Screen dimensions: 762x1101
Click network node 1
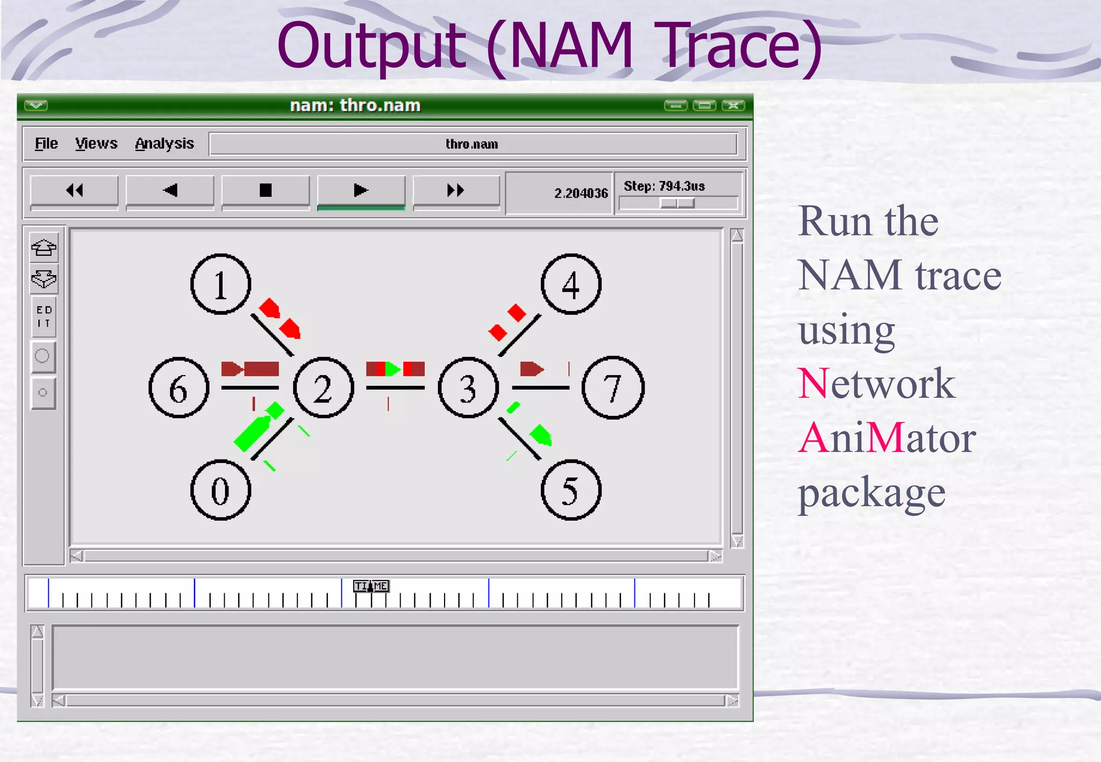click(x=220, y=284)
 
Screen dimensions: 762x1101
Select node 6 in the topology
click(x=178, y=388)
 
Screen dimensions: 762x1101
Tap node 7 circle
click(x=613, y=388)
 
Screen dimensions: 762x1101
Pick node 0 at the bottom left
click(x=220, y=490)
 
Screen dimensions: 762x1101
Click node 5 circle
click(x=570, y=490)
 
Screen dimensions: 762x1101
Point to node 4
click(x=570, y=284)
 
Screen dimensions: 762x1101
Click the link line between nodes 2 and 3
click(x=395, y=387)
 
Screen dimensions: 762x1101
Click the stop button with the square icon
click(x=266, y=190)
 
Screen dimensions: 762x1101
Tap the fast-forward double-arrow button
click(x=456, y=190)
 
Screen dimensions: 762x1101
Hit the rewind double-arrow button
click(x=74, y=190)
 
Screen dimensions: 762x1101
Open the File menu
click(x=46, y=143)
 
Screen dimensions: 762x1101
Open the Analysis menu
click(x=164, y=143)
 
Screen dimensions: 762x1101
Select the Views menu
click(x=96, y=143)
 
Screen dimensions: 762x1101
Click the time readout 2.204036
click(x=581, y=193)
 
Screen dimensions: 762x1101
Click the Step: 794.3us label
click(x=664, y=186)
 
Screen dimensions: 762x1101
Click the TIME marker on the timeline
click(x=370, y=586)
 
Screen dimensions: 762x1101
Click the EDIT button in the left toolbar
click(x=44, y=317)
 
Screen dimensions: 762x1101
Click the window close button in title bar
click(x=733, y=105)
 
